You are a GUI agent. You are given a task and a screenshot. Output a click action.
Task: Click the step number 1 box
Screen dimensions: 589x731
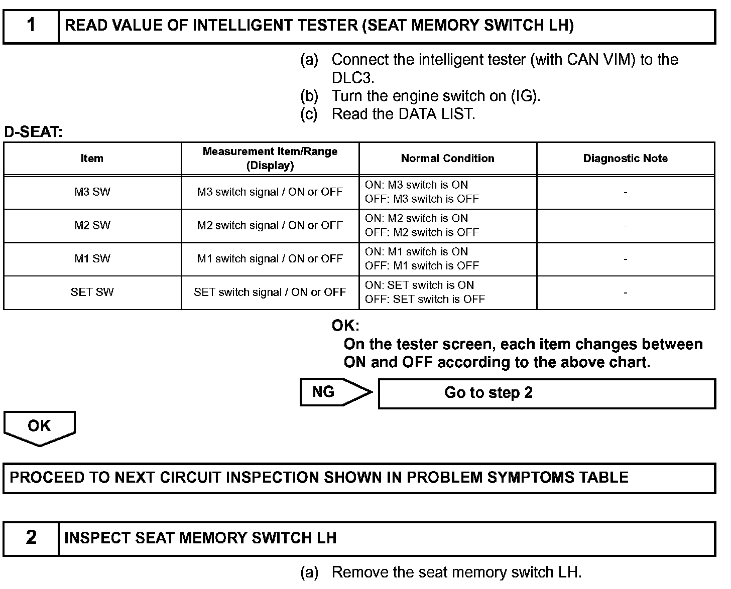coord(31,26)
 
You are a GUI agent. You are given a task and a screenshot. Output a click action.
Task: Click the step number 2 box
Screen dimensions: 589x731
coord(31,538)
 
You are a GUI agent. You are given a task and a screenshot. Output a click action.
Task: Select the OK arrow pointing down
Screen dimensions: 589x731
coord(39,427)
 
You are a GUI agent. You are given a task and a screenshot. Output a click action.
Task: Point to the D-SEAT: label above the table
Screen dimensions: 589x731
coord(33,132)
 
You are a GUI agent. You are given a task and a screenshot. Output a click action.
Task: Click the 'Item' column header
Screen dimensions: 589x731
coord(92,159)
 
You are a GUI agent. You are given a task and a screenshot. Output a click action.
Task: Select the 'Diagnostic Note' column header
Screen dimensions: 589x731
coord(625,159)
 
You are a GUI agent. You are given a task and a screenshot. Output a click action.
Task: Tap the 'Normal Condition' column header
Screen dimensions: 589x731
coord(447,159)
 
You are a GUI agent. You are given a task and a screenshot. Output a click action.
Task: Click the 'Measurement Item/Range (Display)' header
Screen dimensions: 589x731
coord(270,159)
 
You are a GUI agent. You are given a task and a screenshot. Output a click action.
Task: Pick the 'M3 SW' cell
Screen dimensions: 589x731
coord(92,192)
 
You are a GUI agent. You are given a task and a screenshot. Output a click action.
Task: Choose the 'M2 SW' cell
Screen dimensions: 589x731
coord(92,225)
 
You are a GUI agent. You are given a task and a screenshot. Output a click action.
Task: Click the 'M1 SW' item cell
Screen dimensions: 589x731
coord(92,259)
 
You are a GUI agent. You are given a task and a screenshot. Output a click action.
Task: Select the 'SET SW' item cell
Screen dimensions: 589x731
coord(92,292)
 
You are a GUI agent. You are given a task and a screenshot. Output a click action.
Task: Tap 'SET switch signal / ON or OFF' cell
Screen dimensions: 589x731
coord(270,292)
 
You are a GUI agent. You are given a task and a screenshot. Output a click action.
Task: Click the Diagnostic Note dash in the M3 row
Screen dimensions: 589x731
coord(625,192)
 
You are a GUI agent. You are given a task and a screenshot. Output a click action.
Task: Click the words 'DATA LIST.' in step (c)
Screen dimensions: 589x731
coord(436,114)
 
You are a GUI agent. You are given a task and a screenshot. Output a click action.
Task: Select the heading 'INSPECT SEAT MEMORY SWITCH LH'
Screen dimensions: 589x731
coord(200,538)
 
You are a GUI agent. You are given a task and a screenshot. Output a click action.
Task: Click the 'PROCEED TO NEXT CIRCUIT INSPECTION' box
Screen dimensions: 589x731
coord(358,477)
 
